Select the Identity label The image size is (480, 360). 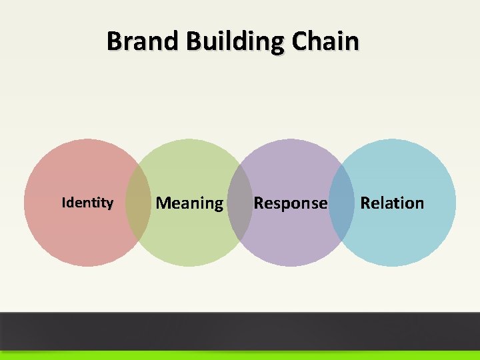[x=87, y=203]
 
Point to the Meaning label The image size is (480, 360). [x=189, y=203]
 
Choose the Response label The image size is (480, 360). [x=290, y=203]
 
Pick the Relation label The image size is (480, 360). [x=392, y=203]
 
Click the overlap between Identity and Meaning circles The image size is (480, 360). [x=139, y=203]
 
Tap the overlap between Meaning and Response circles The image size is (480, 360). [x=240, y=203]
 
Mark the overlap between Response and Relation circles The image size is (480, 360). [x=341, y=203]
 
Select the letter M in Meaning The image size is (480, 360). [x=163, y=203]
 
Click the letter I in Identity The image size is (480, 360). [x=63, y=203]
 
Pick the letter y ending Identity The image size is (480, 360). [x=109, y=204]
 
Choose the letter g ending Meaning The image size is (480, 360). [x=218, y=205]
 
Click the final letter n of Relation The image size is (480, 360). [x=419, y=203]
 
